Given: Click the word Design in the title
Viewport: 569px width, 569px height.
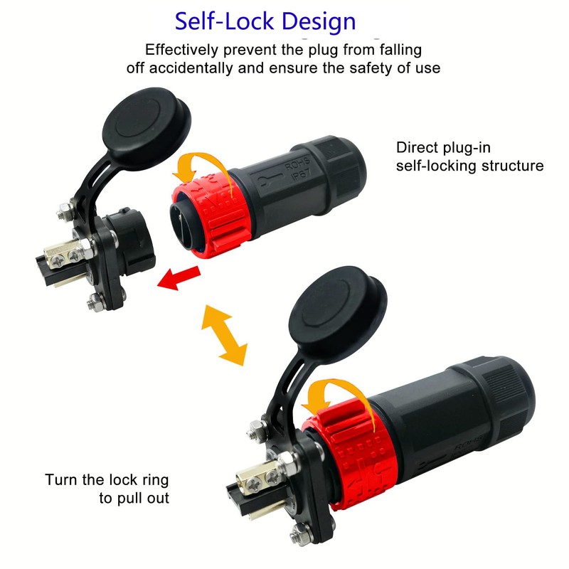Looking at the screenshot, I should coord(318,21).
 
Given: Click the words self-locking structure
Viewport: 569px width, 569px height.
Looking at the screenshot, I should coord(469,166).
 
